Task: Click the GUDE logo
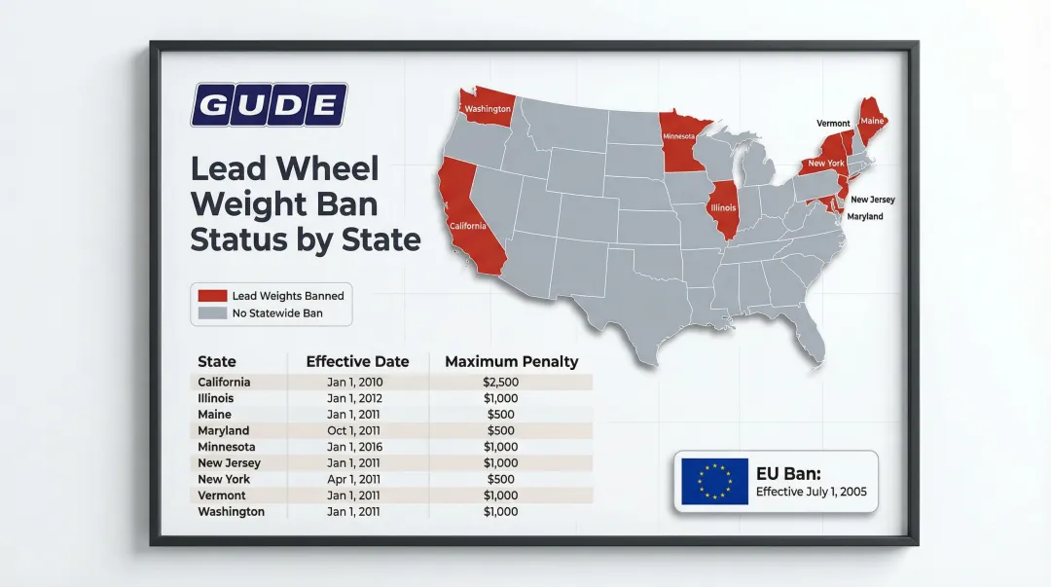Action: [x=269, y=104]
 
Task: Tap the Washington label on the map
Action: [x=487, y=109]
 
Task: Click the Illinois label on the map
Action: [x=724, y=208]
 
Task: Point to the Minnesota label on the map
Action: [x=678, y=137]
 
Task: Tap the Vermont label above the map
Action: [x=833, y=124]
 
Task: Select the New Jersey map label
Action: [x=872, y=200]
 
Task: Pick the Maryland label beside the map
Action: [x=864, y=216]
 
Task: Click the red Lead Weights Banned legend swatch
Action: [x=211, y=296]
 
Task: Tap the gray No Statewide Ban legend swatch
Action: [x=211, y=313]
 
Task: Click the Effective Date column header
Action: [x=357, y=361]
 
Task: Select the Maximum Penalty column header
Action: [x=511, y=361]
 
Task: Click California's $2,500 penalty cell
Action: [x=500, y=383]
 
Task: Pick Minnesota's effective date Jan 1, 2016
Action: [x=355, y=447]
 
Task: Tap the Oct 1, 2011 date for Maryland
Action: [x=355, y=430]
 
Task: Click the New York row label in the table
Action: [x=224, y=479]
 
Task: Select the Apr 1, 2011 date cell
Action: [x=355, y=479]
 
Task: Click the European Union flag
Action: [x=714, y=481]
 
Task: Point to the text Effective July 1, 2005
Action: [x=811, y=492]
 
